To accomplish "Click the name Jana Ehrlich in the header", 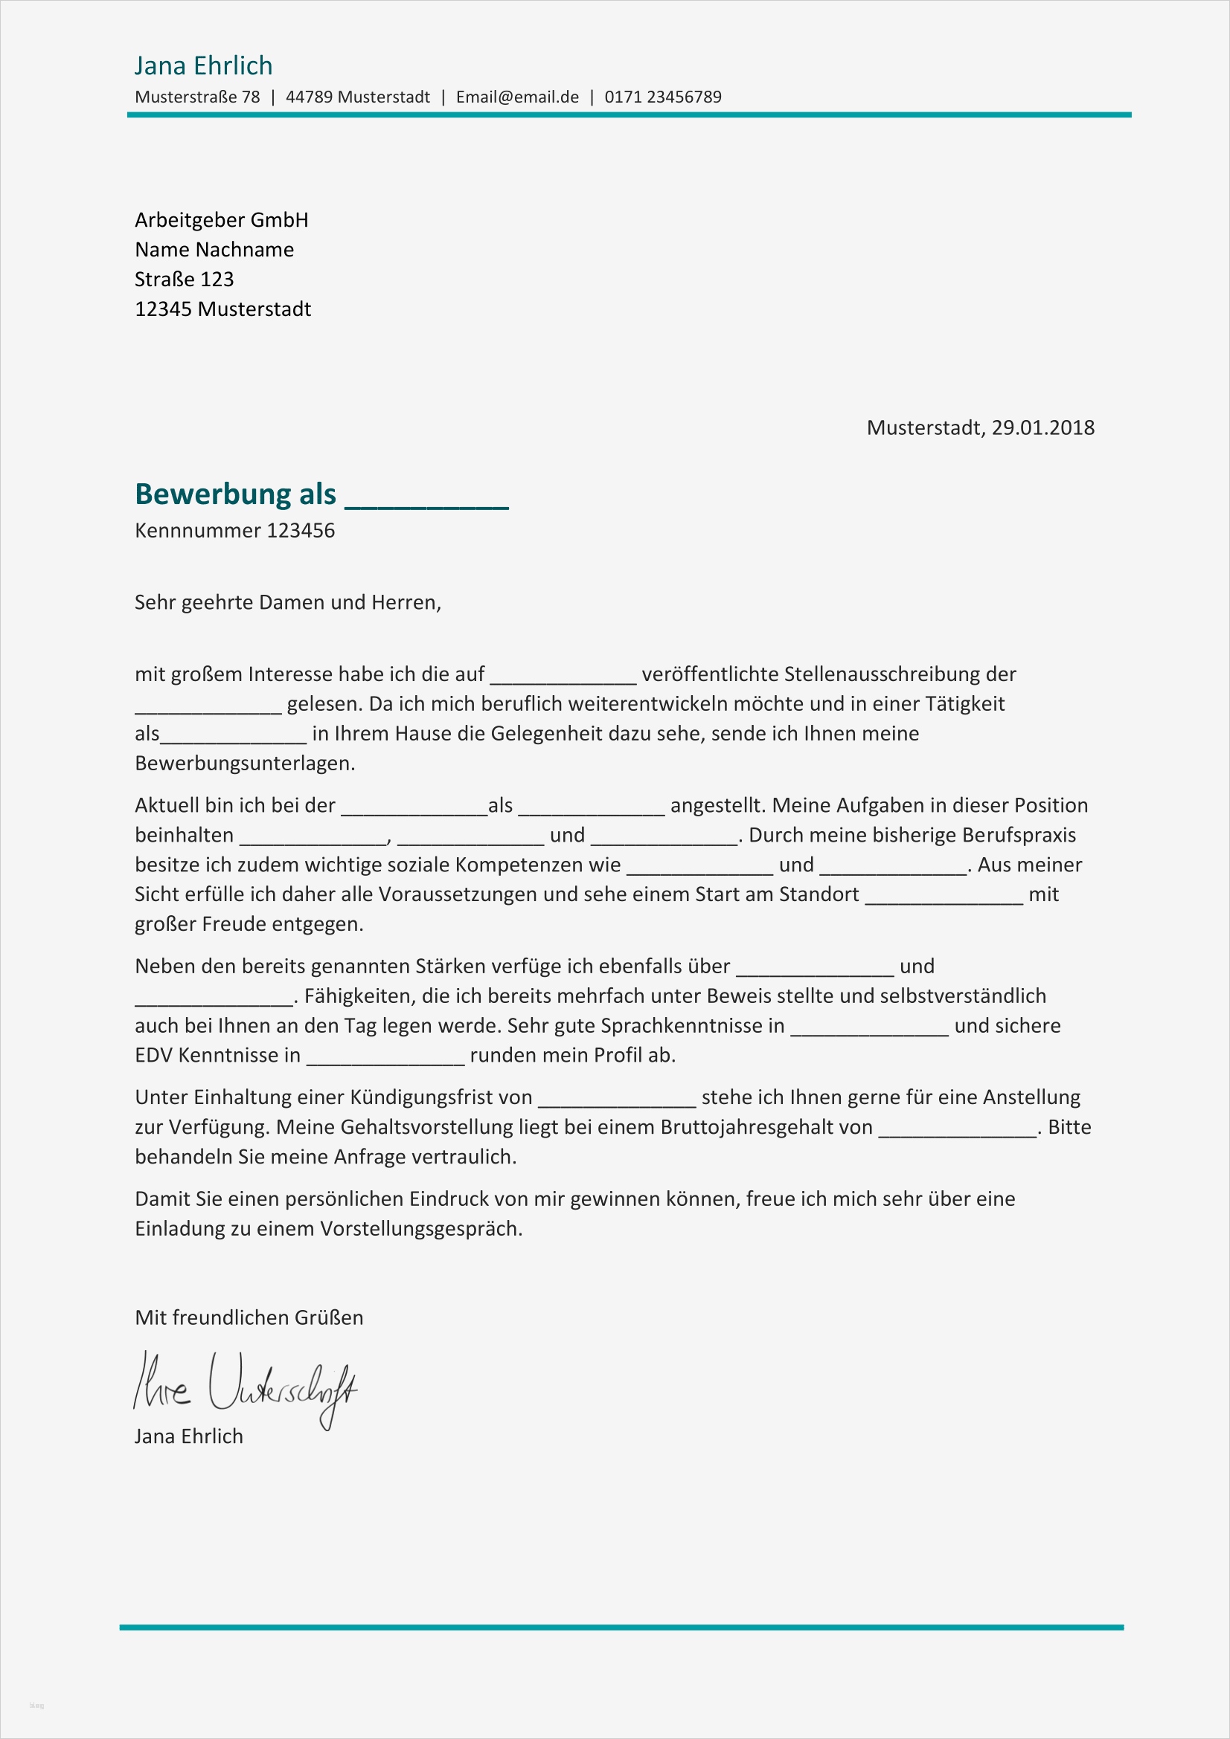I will point(203,66).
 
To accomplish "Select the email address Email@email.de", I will point(517,97).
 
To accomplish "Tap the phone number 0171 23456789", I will point(662,97).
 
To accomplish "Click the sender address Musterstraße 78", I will point(197,97).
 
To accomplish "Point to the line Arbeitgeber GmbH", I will point(221,219).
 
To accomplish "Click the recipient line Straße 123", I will point(184,280).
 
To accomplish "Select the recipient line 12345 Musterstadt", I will point(222,309).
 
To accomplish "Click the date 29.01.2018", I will point(1042,428).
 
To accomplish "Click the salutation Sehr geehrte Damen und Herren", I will point(287,602).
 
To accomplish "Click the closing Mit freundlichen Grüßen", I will point(249,1317).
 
